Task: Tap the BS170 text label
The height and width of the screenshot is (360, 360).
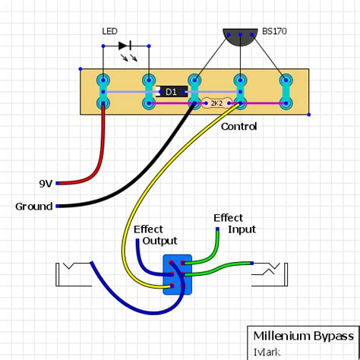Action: pos(274,32)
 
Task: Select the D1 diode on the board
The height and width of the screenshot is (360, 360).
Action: pos(170,91)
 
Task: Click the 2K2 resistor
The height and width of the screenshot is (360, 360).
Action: pos(216,103)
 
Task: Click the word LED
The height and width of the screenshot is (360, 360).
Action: pos(110,31)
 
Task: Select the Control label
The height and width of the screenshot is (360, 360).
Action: pos(238,127)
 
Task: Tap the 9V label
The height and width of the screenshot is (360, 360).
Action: pos(46,184)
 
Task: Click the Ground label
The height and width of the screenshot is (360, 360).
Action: pos(33,207)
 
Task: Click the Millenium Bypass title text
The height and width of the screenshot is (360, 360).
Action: pos(303,336)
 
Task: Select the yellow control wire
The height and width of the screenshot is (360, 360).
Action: pos(152,175)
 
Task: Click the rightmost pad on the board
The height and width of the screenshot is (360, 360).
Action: pos(286,90)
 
